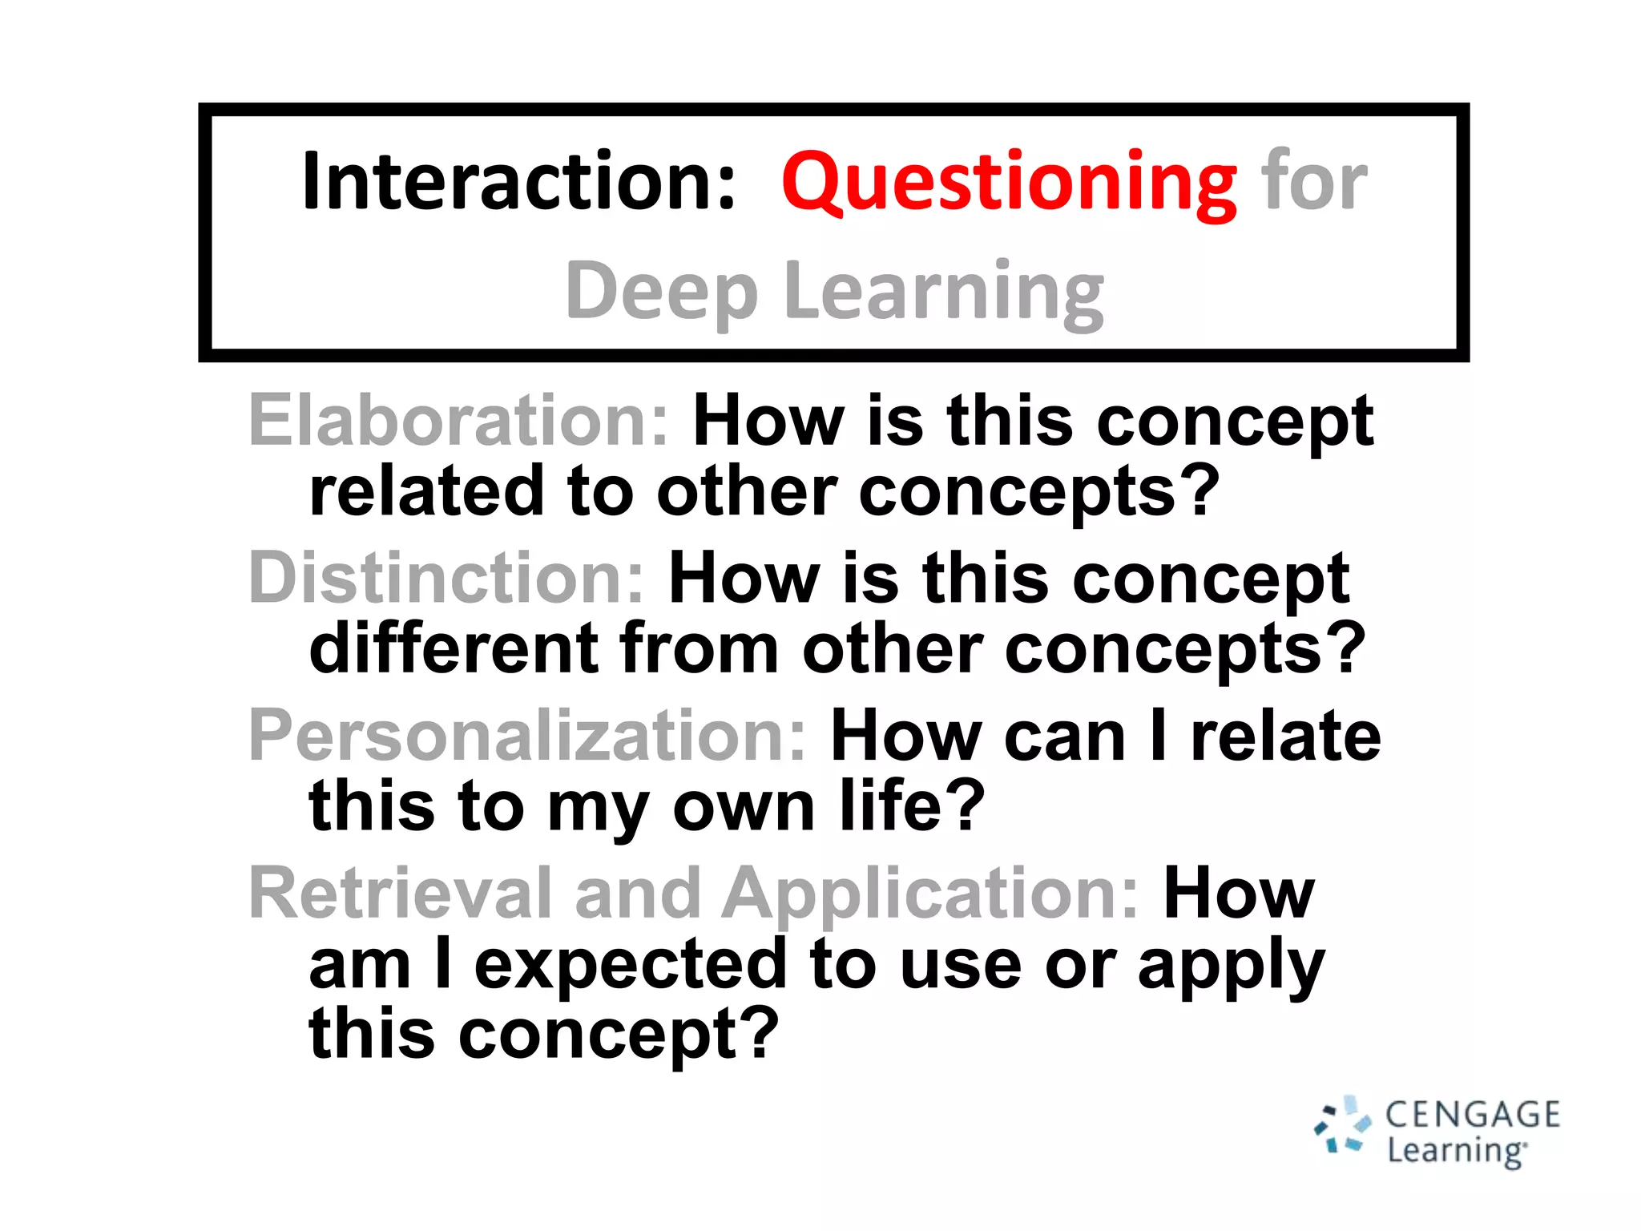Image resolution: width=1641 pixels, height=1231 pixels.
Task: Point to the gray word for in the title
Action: pos(1314,183)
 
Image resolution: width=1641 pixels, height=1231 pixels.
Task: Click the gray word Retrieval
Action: pos(401,893)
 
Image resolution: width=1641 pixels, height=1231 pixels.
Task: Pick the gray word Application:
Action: pos(929,894)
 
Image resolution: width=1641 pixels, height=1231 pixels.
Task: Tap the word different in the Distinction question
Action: pos(454,648)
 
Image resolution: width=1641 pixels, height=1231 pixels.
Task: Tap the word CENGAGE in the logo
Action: pos(1473,1115)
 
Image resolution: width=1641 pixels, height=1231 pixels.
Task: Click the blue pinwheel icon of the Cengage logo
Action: pos(1343,1126)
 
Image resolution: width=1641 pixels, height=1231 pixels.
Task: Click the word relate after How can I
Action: pos(1285,736)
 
